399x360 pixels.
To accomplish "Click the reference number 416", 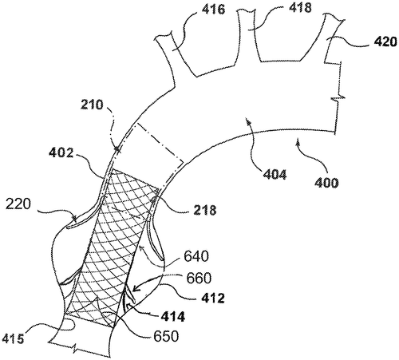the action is coord(213,10).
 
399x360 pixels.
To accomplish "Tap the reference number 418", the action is coord(299,8).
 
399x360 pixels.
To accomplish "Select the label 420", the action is coord(385,42).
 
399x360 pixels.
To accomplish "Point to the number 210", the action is coord(92,105).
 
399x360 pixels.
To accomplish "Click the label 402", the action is coord(61,152).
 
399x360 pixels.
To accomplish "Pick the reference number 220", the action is coord(18,204).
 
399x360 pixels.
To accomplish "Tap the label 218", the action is coord(205,210).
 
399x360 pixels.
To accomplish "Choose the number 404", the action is coord(275,175).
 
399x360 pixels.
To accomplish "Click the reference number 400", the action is coord(326,183).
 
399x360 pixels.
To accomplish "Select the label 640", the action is coord(196,256).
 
